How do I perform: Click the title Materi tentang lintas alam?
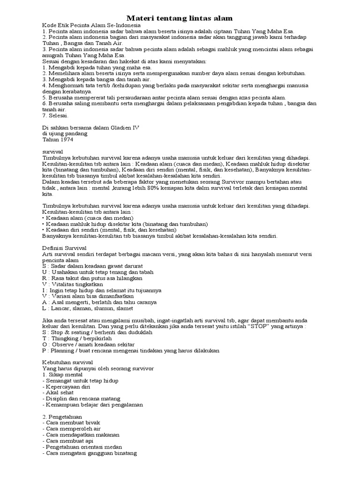[180, 18]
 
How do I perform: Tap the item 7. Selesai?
[55, 115]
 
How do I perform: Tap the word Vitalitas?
[65, 284]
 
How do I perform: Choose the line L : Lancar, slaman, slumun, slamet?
[88, 308]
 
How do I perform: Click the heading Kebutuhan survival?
[67, 362]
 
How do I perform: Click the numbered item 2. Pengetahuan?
[62, 417]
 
